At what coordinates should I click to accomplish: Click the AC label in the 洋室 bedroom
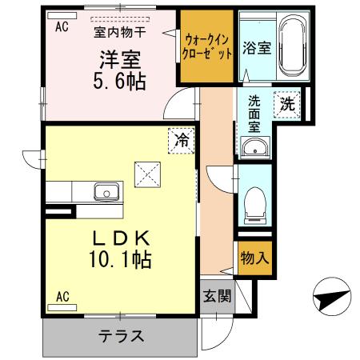[x=62, y=26]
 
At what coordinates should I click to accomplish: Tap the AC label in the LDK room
[x=62, y=297]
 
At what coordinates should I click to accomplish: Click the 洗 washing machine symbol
[x=286, y=102]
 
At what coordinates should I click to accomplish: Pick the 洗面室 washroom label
[x=254, y=113]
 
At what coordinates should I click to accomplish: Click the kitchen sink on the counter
[x=106, y=192]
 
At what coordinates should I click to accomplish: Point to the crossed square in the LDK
[x=146, y=171]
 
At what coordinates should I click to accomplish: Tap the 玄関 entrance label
[x=216, y=297]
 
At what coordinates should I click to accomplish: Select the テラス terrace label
[x=121, y=336]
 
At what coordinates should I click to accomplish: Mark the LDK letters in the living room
[x=121, y=238]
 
